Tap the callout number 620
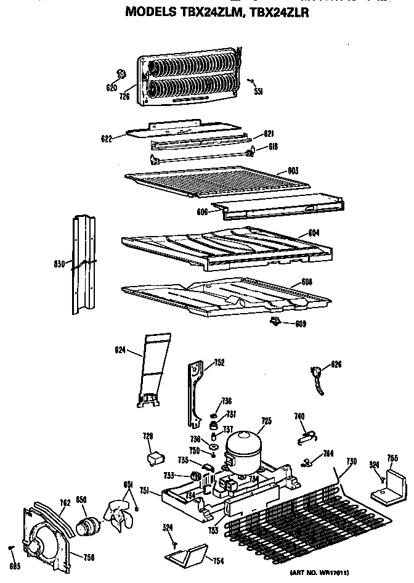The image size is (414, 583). click(x=112, y=88)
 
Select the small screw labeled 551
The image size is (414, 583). click(x=251, y=80)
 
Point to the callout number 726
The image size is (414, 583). click(x=124, y=96)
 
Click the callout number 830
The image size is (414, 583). click(x=60, y=265)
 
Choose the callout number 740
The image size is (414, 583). click(x=299, y=417)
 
